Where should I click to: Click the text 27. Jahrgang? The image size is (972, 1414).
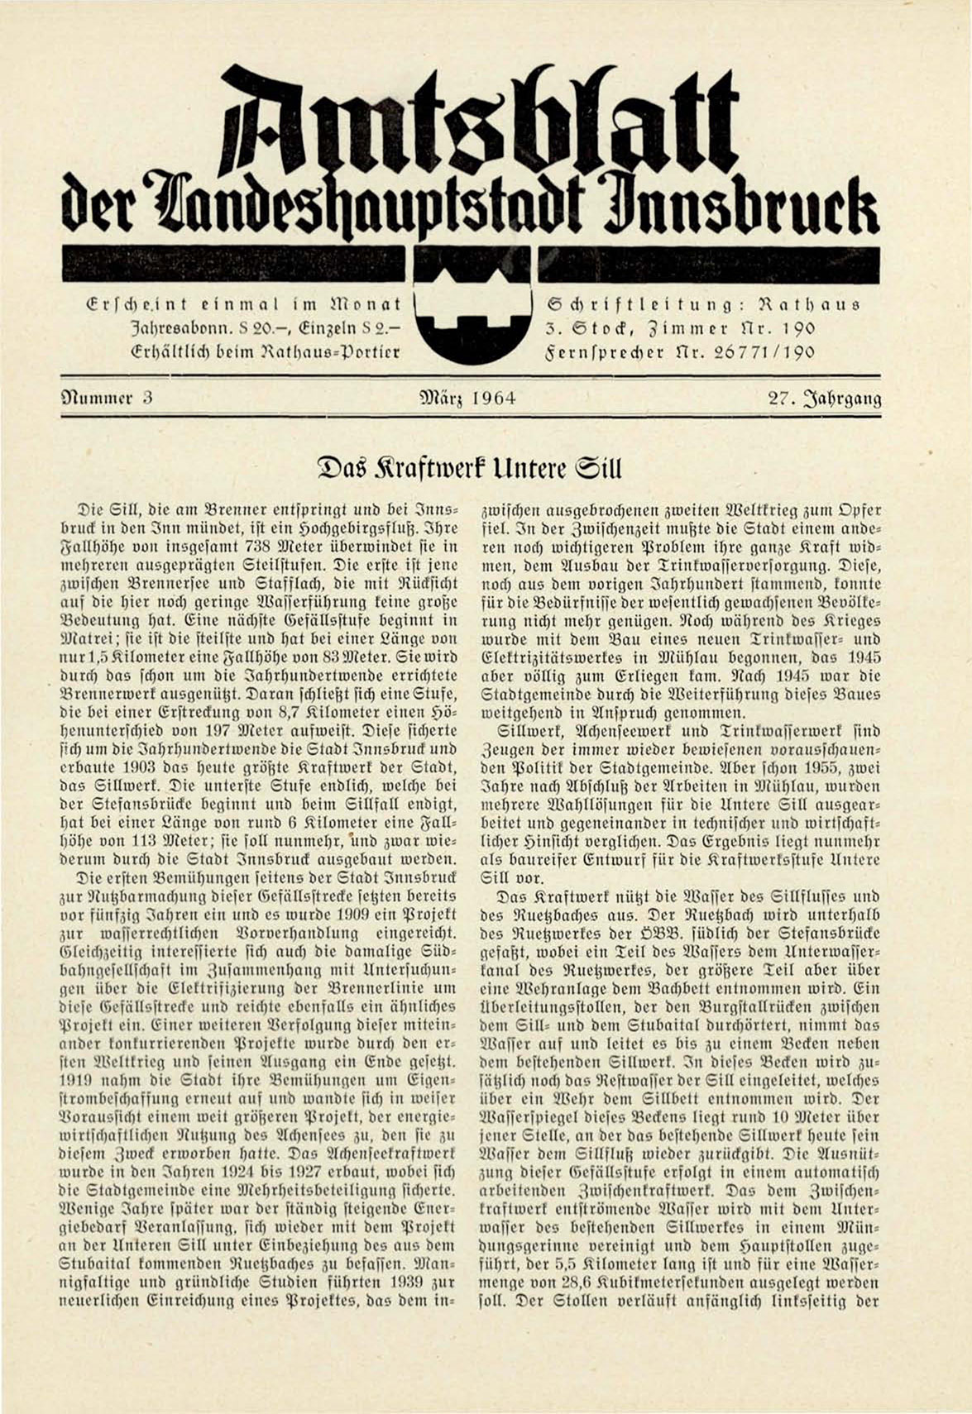[824, 398]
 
